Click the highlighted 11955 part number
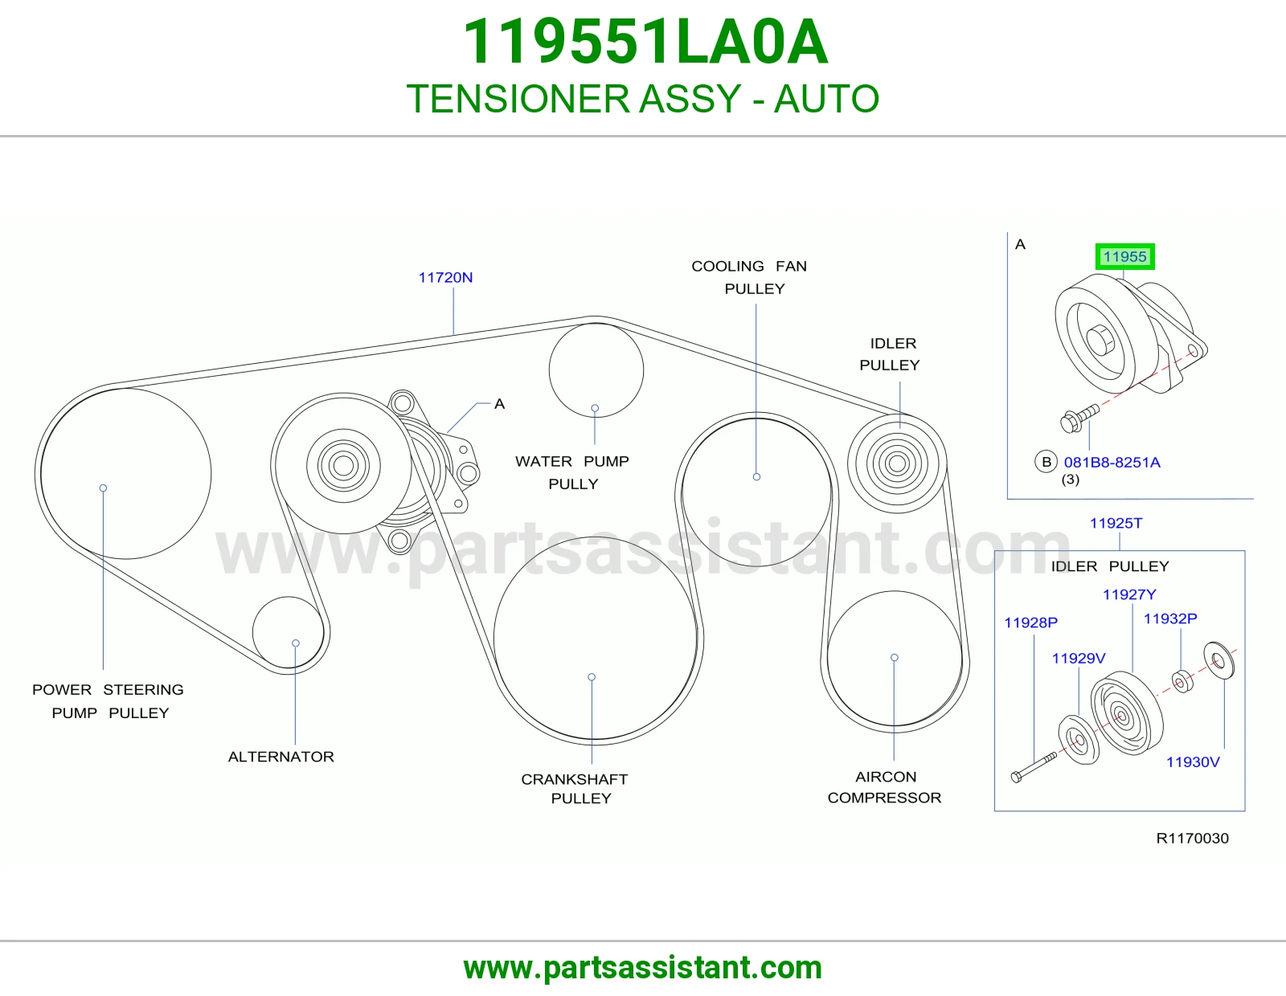[x=1124, y=257]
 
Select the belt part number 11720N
[x=445, y=277]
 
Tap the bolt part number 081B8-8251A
[x=1112, y=463]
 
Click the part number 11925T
[x=1116, y=523]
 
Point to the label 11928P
[x=1031, y=622]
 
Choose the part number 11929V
[x=1079, y=659]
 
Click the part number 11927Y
[x=1129, y=594]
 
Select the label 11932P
[x=1170, y=618]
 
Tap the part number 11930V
[x=1193, y=761]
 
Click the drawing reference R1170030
[x=1193, y=838]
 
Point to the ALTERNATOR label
[x=281, y=757]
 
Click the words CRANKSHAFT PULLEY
[x=575, y=789]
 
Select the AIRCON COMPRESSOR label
[x=884, y=786]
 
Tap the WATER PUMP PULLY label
[x=572, y=472]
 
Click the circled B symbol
[x=1046, y=462]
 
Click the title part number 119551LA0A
[x=645, y=42]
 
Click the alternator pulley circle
[x=289, y=598]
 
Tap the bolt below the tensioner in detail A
[x=1079, y=417]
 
